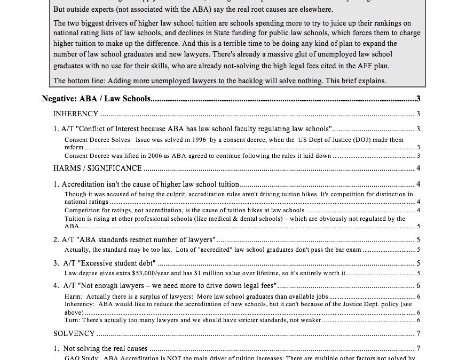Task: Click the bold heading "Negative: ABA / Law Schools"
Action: (96, 99)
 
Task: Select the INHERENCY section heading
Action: (76, 114)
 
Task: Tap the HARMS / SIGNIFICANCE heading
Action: (98, 169)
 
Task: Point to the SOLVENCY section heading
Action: (74, 334)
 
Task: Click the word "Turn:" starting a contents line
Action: (73, 320)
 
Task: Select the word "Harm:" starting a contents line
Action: (74, 297)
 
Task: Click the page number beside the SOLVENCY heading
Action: (418, 334)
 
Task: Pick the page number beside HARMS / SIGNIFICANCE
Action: (418, 169)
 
